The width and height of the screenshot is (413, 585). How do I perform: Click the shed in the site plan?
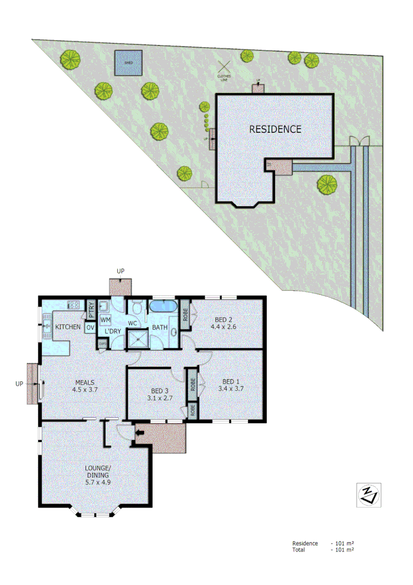[128, 63]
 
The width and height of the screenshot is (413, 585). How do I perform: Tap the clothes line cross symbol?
[224, 67]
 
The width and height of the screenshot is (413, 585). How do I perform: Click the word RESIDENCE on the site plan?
[275, 129]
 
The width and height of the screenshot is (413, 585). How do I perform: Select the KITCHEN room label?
[68, 327]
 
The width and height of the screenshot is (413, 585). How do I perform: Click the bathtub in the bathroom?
[163, 307]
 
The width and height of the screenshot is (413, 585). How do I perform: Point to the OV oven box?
[90, 328]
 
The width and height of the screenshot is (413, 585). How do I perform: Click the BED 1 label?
[231, 380]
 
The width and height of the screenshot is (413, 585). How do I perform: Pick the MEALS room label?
[86, 381]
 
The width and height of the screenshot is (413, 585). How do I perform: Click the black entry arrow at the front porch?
[139, 432]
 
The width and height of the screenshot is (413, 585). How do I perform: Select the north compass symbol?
[368, 495]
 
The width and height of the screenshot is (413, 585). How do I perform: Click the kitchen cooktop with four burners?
[74, 304]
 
